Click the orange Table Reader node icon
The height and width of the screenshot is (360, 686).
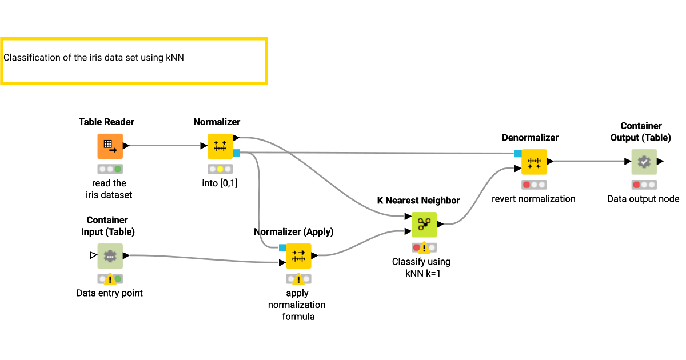pyautogui.click(x=110, y=146)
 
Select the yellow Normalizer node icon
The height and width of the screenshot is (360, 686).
pyautogui.click(x=220, y=146)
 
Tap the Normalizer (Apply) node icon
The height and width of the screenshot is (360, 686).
pyautogui.click(x=298, y=256)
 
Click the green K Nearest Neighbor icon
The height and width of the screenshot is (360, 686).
pyautogui.click(x=424, y=225)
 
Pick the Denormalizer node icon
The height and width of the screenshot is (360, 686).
pyautogui.click(x=534, y=162)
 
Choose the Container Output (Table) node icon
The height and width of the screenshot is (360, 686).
pyautogui.click(x=644, y=162)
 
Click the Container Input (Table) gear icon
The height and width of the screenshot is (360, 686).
pyautogui.click(x=110, y=256)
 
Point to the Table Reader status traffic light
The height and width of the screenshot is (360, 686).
pyautogui.click(x=110, y=169)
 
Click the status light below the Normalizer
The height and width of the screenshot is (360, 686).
pyautogui.click(x=220, y=169)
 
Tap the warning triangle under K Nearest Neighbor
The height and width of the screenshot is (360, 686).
pyautogui.click(x=424, y=249)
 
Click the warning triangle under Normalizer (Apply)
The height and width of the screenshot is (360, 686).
pyautogui.click(x=298, y=280)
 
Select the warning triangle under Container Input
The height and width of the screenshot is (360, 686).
pyautogui.click(x=110, y=280)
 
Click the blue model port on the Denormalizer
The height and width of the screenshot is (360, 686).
pyautogui.click(x=518, y=153)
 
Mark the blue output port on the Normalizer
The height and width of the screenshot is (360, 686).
pyautogui.click(x=236, y=153)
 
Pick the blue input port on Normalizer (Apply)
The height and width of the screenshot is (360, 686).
pyautogui.click(x=282, y=248)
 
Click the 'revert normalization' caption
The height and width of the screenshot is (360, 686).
pyautogui.click(x=533, y=199)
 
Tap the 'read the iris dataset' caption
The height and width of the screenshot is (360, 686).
pyautogui.click(x=109, y=189)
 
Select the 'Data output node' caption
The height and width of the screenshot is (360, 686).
pyautogui.click(x=643, y=199)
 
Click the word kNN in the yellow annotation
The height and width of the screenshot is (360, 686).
pyautogui.click(x=174, y=58)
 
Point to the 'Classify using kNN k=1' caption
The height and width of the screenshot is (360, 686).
pyautogui.click(x=421, y=267)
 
